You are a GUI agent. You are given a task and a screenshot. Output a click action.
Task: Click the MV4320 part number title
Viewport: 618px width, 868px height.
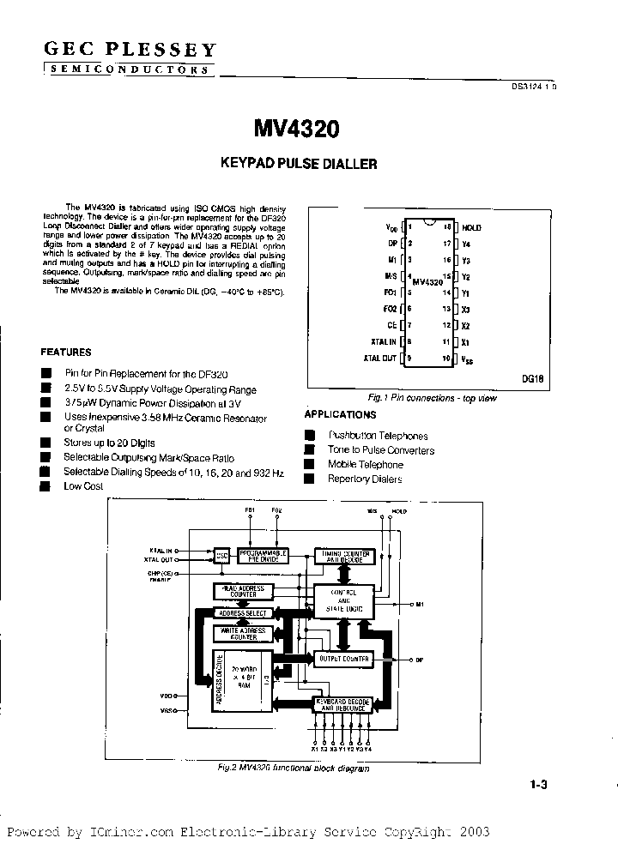click(296, 129)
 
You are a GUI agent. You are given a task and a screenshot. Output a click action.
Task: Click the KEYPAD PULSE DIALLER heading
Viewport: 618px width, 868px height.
click(299, 163)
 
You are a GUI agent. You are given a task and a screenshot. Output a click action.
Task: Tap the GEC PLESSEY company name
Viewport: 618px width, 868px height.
click(130, 51)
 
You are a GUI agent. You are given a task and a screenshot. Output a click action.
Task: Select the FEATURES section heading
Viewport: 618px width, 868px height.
click(66, 352)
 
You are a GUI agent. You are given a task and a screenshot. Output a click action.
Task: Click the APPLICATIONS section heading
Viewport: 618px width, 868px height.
click(341, 413)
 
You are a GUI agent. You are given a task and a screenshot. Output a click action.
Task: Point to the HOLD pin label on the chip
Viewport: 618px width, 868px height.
click(472, 228)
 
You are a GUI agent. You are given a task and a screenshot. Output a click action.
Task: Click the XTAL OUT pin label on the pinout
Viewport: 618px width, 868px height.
click(379, 358)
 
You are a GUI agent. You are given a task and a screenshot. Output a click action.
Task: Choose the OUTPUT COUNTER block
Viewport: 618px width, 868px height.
click(343, 660)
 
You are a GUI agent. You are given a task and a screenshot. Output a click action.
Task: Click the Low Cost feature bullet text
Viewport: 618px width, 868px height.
click(83, 486)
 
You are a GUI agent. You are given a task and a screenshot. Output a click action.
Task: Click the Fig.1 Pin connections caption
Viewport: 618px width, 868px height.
click(431, 398)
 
